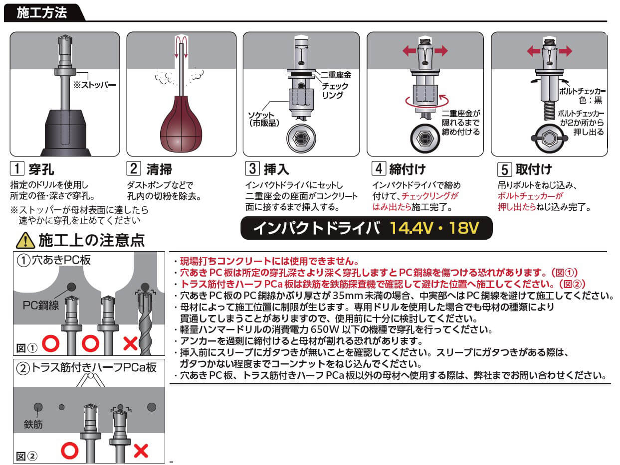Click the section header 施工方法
42,12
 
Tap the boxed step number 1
17,168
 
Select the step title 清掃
159,169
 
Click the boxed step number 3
252,168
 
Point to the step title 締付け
407,169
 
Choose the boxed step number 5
504,169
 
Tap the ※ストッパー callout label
94,85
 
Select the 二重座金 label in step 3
336,75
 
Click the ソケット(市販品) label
263,119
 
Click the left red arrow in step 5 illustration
534,51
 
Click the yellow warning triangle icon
25,240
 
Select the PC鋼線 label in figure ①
41,305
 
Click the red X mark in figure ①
131,343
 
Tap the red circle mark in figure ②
70,451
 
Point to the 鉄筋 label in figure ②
33,424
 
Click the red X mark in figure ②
141,451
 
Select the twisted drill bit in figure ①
145,324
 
